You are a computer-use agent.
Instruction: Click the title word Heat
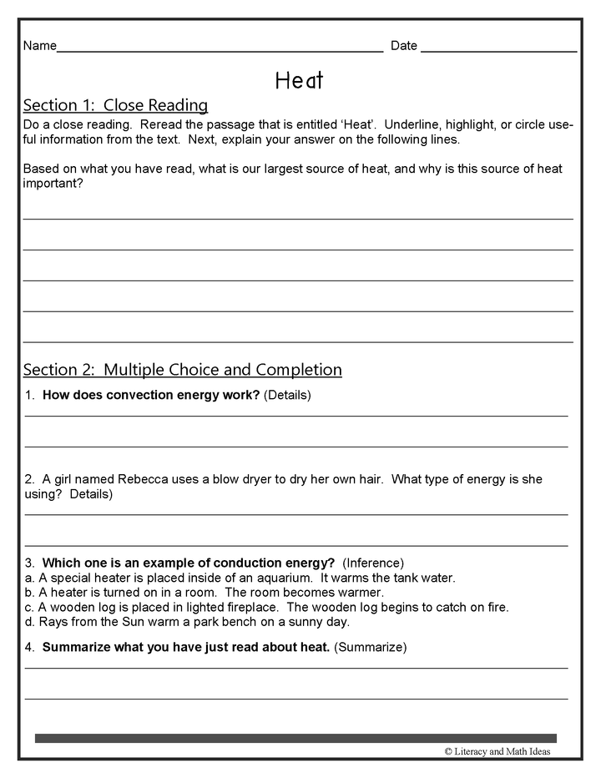[x=299, y=80]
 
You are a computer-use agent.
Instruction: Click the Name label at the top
[x=39, y=46]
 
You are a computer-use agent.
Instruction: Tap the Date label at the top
[x=404, y=46]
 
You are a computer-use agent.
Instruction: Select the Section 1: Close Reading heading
[x=115, y=105]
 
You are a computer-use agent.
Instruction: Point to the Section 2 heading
[x=182, y=370]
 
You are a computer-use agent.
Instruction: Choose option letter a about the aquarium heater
[x=28, y=578]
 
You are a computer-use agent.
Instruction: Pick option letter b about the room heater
[x=28, y=593]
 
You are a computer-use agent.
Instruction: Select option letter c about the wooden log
[x=28, y=607]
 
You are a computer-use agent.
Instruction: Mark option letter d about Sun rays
[x=28, y=622]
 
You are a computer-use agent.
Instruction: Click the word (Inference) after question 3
[x=373, y=563]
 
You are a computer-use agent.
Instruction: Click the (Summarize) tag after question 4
[x=370, y=647]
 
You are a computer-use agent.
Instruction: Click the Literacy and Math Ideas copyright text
[x=497, y=751]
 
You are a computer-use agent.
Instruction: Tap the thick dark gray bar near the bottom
[x=295, y=738]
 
